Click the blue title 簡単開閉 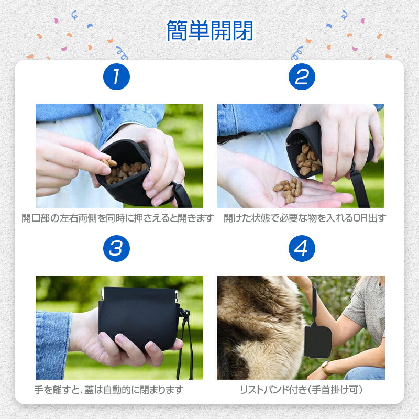pyautogui.click(x=210, y=31)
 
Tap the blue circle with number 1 pyautogui.click(x=116, y=76)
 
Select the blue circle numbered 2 pyautogui.click(x=302, y=76)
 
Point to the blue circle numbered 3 pyautogui.click(x=116, y=248)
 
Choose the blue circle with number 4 pyautogui.click(x=302, y=248)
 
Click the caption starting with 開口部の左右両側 pyautogui.click(x=117, y=218)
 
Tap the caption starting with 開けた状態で pyautogui.click(x=305, y=218)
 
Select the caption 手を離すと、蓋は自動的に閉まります pyautogui.click(x=109, y=390)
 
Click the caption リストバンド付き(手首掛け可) pyautogui.click(x=301, y=390)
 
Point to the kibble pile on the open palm pyautogui.click(x=288, y=190)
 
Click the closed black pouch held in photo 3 pyautogui.click(x=138, y=318)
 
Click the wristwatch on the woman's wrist pyautogui.click(x=326, y=368)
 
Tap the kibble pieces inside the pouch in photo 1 pyautogui.click(x=125, y=171)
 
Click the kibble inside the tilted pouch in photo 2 pyautogui.click(x=307, y=160)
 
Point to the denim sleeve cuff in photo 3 pyautogui.click(x=53, y=345)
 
